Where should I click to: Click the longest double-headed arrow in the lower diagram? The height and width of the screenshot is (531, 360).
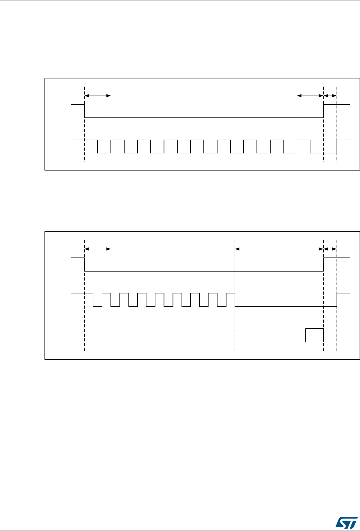click(279, 249)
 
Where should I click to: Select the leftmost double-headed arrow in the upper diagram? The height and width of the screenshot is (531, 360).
click(98, 95)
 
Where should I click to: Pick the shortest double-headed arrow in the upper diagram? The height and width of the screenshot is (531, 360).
click(330, 95)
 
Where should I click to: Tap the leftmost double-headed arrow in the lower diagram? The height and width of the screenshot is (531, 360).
click(98, 249)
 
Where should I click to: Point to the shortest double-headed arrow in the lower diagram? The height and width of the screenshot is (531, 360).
click(330, 249)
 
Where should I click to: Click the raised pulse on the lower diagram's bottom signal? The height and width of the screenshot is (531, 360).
click(314, 329)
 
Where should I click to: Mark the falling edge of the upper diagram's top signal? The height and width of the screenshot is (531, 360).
click(85, 111)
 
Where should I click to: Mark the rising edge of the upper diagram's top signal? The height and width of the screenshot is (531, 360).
click(324, 111)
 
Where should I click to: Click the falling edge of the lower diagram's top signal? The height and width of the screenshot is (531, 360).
click(85, 264)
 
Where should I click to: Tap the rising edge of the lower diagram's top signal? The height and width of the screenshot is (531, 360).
click(324, 264)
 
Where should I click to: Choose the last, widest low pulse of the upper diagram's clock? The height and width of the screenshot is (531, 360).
click(324, 153)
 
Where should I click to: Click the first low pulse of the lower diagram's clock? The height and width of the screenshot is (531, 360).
click(97, 306)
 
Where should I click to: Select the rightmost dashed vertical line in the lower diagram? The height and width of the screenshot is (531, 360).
click(337, 320)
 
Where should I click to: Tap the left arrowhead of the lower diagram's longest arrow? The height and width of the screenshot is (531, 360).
click(237, 249)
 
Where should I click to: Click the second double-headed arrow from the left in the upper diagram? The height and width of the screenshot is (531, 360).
click(310, 95)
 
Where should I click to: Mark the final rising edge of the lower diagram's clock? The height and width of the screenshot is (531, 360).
click(337, 300)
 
